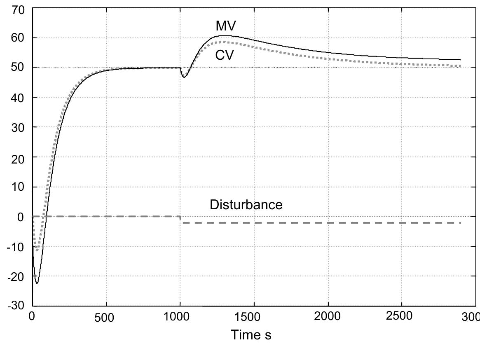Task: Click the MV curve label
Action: (226, 26)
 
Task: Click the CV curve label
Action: (225, 55)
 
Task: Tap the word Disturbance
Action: (246, 205)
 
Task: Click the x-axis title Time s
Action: (251, 335)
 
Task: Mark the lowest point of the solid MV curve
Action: (37, 283)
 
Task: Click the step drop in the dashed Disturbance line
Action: (181, 220)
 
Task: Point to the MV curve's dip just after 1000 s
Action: (184, 77)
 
